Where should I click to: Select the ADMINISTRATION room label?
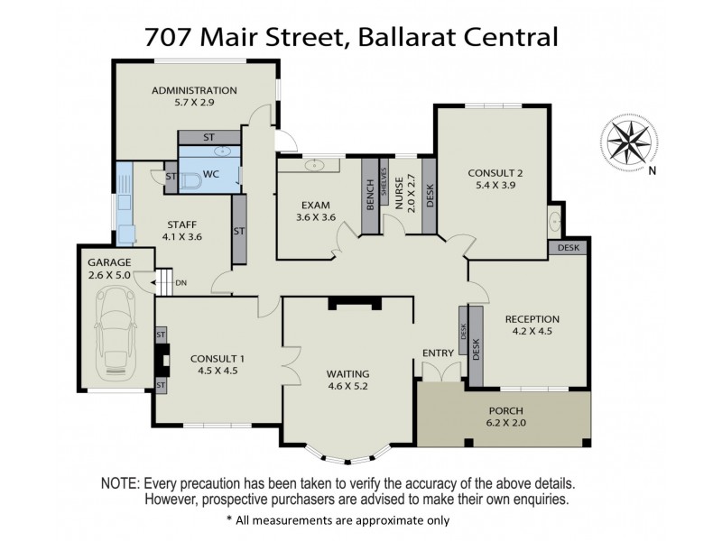coord(194,90)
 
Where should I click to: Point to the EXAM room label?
coord(316,205)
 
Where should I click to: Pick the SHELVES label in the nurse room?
coord(384,182)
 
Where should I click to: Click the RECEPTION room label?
coord(532,318)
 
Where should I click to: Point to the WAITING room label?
coord(348,373)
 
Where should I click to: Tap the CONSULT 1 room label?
coord(218,358)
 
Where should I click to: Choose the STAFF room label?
coord(181,225)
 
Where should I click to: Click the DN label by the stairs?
coord(181,283)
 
